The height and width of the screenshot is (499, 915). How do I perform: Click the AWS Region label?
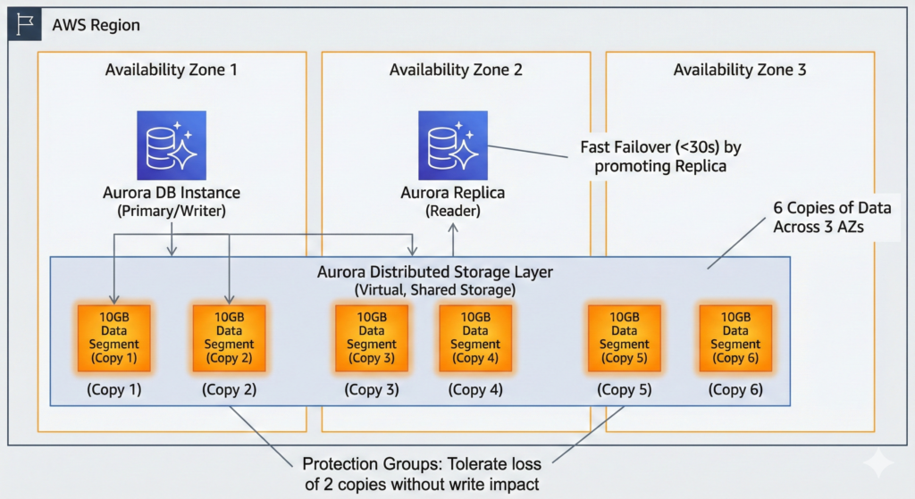pos(96,25)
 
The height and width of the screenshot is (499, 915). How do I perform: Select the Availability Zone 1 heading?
pos(172,70)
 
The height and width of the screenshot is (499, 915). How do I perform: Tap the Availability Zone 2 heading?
pos(456,70)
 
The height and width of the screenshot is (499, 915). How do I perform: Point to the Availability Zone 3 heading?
pos(740,70)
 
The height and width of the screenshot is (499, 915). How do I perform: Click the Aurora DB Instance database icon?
pos(172,146)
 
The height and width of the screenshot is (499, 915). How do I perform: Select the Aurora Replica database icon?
pos(453,146)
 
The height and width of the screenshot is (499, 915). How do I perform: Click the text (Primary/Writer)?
pos(172,211)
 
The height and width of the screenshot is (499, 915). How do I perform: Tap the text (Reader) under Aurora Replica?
pos(453,211)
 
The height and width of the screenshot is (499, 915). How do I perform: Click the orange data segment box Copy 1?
pos(113,338)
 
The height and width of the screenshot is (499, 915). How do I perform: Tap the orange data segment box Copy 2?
pos(229,338)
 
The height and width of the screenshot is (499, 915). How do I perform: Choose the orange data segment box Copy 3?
pos(371,338)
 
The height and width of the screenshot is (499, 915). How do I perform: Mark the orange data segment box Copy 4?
pos(475,338)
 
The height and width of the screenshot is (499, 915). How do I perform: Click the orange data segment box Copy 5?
pos(624,338)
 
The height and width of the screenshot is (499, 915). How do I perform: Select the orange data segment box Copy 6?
pos(735,338)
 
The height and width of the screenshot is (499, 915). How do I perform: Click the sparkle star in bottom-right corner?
pos(878,462)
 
